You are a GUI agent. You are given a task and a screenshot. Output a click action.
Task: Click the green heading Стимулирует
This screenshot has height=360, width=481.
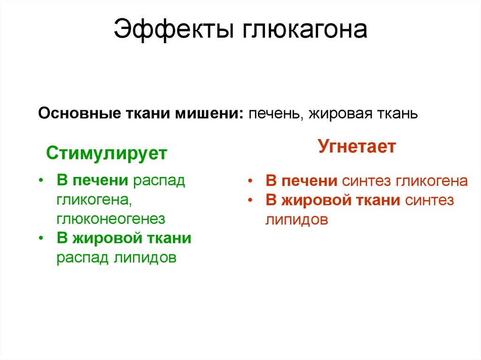[x=106, y=153]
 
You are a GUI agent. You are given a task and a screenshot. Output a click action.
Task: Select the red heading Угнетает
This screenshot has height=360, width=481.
[x=357, y=146]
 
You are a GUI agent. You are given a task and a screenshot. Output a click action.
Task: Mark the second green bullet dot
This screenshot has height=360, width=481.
[x=42, y=238]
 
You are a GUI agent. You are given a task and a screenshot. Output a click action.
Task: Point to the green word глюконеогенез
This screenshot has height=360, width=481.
[x=111, y=219]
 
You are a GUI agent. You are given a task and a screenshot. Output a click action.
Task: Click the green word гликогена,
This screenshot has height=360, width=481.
[x=93, y=200]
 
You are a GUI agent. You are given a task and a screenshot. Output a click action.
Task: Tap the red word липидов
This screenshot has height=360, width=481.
[x=296, y=220]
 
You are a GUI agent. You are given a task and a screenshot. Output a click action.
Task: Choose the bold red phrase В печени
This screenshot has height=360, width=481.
[x=302, y=181]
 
